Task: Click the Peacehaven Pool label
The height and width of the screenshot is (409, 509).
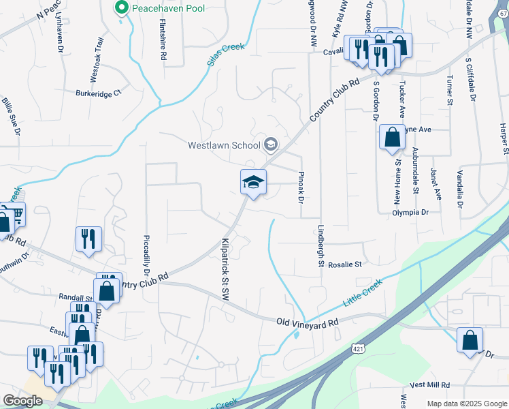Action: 169,8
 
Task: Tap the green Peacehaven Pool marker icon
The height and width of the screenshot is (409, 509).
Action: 122,8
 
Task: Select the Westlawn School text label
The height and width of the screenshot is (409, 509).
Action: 224,145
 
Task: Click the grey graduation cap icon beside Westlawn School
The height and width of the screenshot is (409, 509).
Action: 271,144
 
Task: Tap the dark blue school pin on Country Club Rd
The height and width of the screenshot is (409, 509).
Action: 253,183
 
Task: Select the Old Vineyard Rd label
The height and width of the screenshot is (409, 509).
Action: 307,322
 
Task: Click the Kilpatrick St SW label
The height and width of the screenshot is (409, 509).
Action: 225,269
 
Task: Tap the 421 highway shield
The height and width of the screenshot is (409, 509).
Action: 358,349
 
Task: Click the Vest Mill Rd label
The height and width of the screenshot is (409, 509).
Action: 429,385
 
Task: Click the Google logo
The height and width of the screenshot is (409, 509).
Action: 23,401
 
